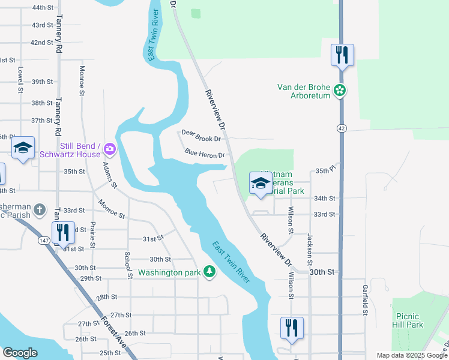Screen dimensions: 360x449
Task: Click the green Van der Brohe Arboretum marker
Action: (340, 91)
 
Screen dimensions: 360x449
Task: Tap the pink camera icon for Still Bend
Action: (109, 148)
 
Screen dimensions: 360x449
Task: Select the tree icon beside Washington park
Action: (209, 272)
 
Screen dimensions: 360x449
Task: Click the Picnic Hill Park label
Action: (409, 320)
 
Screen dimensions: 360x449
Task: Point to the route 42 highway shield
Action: (341, 128)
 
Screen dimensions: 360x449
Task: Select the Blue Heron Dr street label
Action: (205, 154)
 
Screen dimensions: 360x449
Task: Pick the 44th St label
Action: (43, 8)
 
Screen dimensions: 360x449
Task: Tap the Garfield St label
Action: (364, 299)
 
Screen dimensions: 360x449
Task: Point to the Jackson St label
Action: (310, 250)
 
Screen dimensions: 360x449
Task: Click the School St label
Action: (128, 265)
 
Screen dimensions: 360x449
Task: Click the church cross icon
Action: (40, 210)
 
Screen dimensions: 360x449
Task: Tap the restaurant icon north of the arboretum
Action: (342, 55)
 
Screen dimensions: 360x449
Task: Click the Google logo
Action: (20, 353)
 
